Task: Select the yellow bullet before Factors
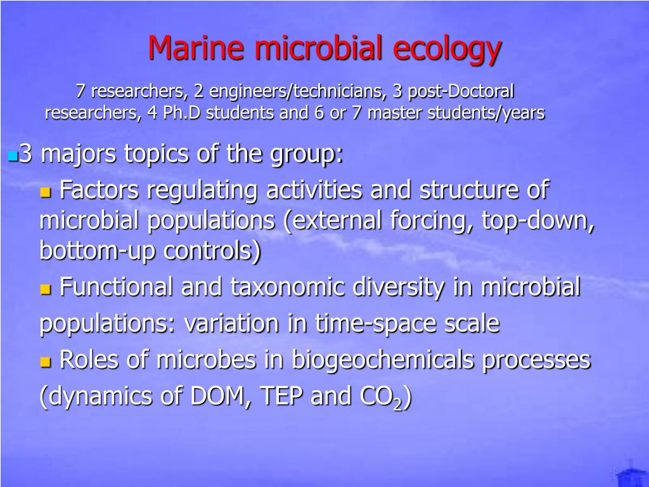point(45,192)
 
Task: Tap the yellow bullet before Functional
point(45,290)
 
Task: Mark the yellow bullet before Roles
point(45,363)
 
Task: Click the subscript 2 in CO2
point(397,404)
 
